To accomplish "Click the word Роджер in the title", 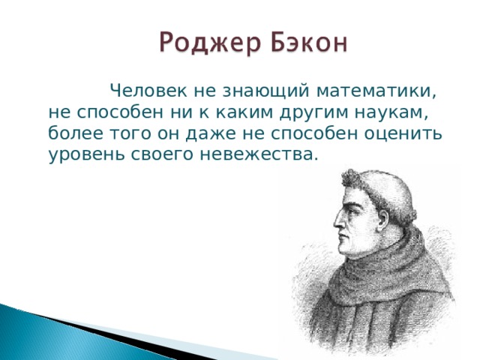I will pos(200,42).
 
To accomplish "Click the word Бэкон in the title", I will pos(307,40).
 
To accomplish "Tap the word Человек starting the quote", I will pos(148,92).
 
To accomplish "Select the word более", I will pos(69,134).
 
